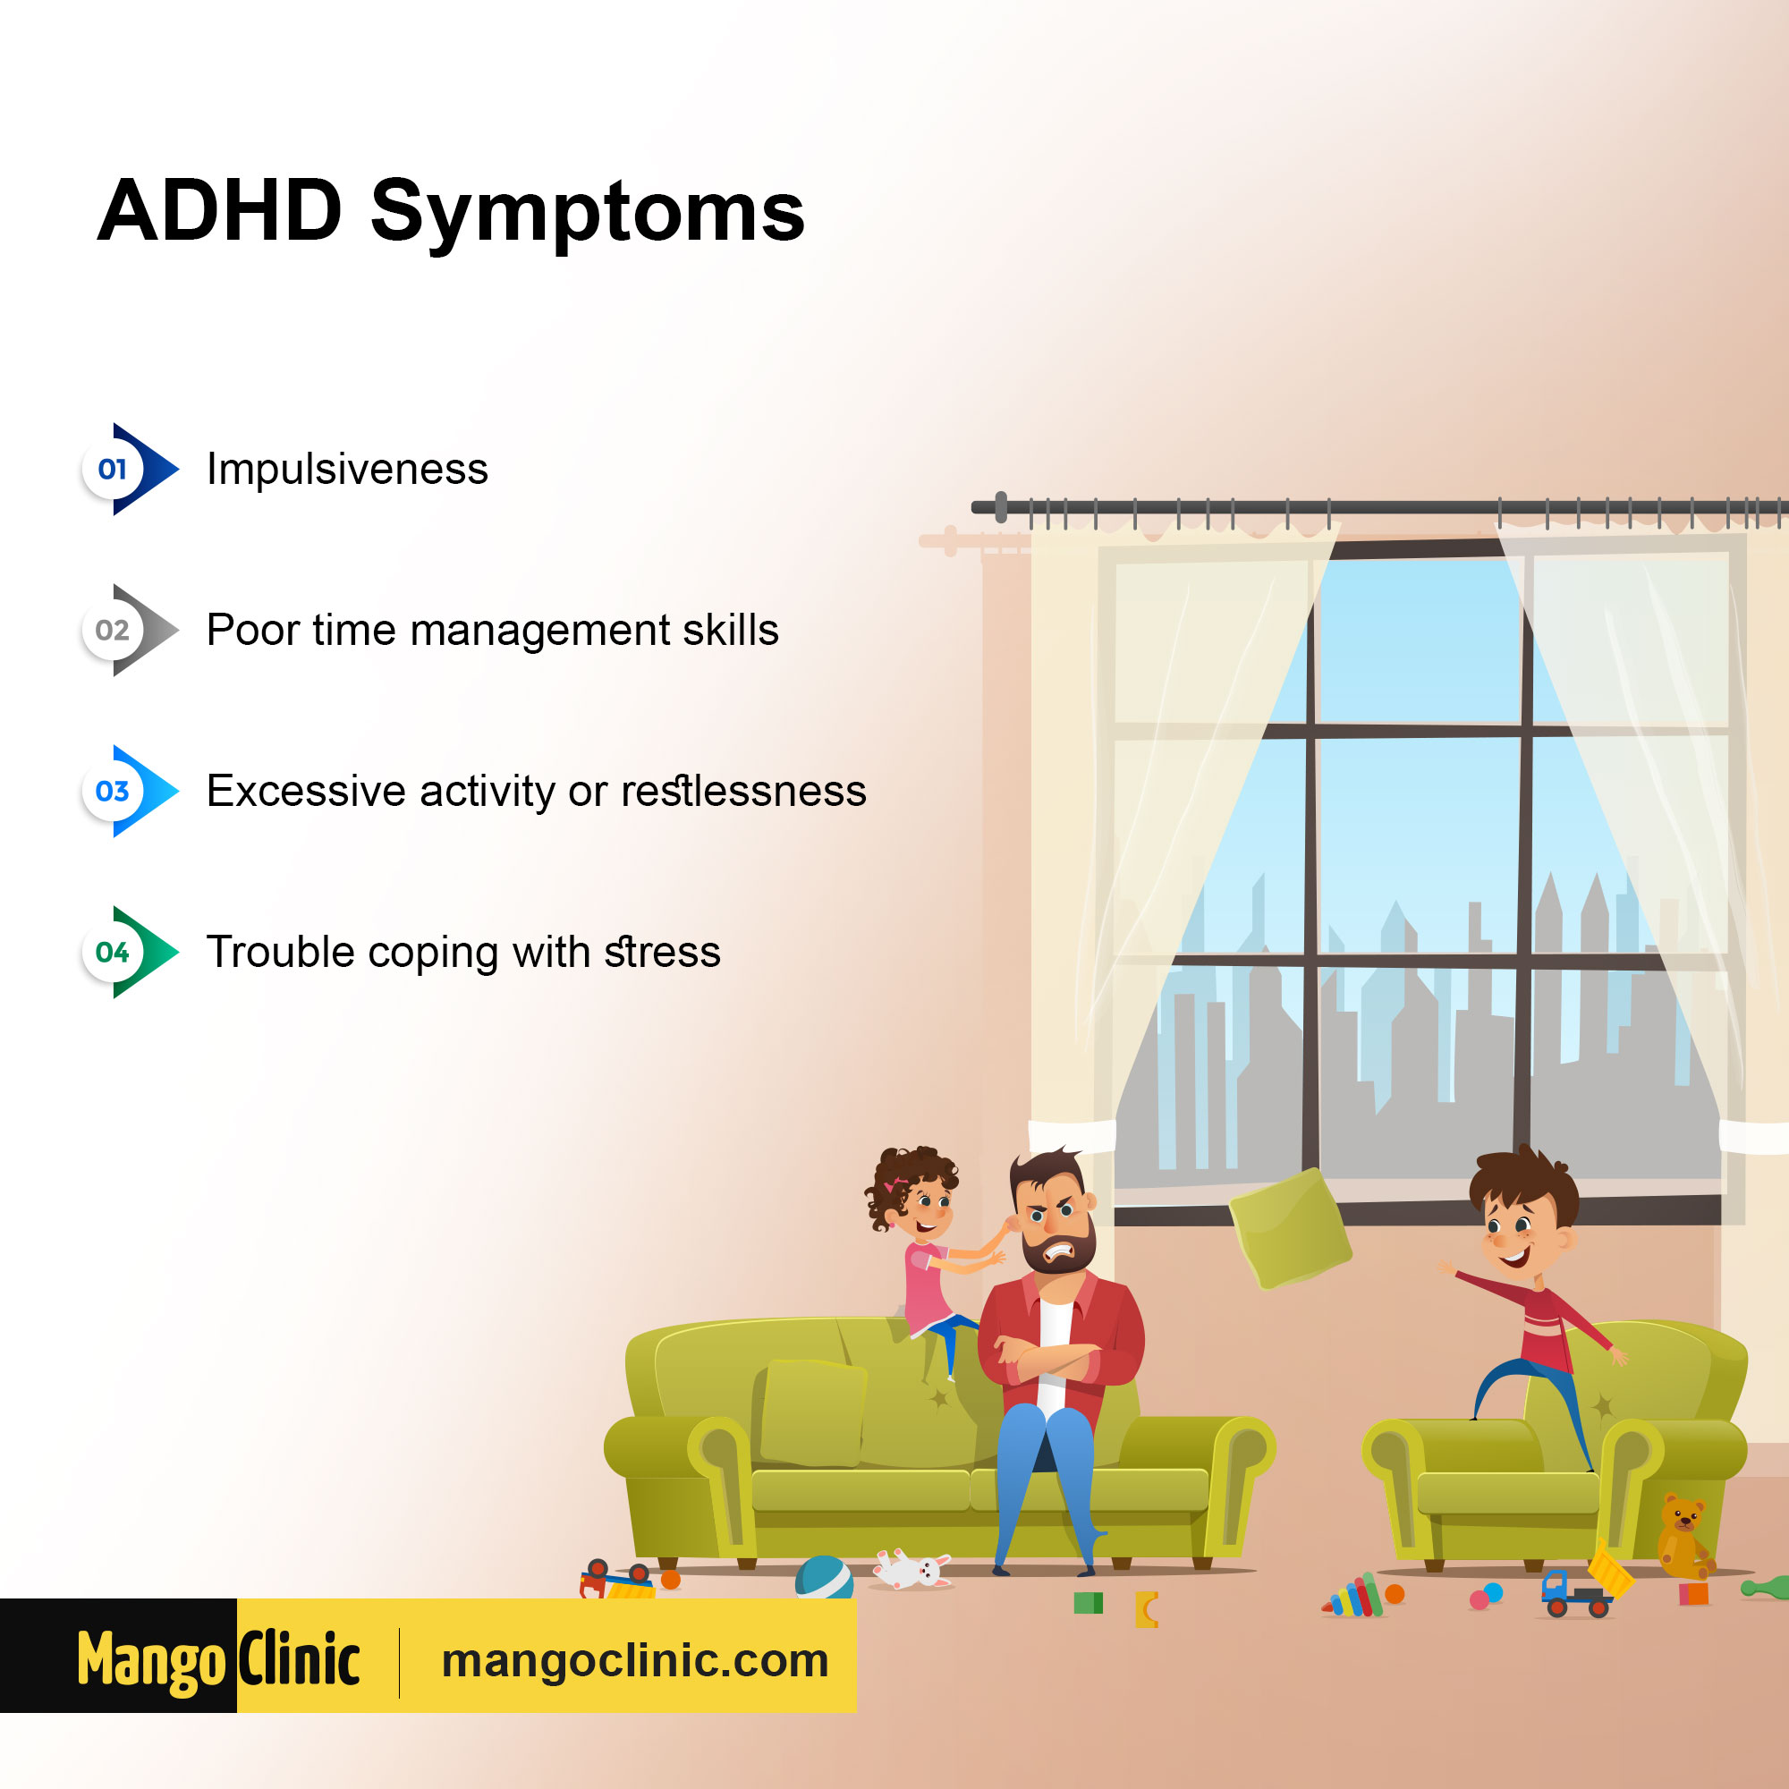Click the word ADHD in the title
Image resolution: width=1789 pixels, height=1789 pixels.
(220, 211)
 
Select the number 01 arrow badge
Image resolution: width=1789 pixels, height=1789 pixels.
(130, 469)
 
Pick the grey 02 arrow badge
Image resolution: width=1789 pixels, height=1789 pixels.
(130, 630)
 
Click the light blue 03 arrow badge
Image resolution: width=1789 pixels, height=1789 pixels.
(130, 791)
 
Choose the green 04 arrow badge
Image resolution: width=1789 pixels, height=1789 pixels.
(130, 952)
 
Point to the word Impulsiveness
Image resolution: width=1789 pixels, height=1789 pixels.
(347, 470)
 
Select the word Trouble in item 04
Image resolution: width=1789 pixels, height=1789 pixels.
(281, 952)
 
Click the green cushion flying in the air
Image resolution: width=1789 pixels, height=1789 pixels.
(1290, 1229)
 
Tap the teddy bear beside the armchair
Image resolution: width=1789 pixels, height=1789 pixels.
(1683, 1538)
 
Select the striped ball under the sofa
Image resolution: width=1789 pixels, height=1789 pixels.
(823, 1577)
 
